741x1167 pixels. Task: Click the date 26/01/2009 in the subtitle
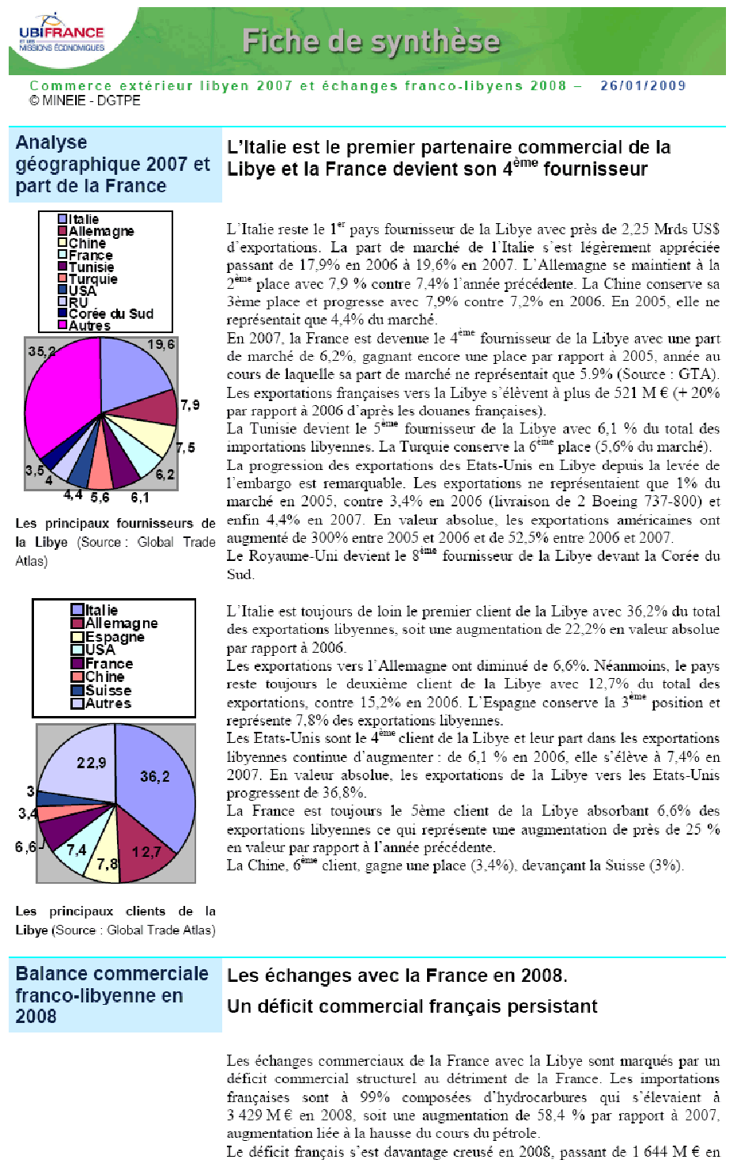pos(642,85)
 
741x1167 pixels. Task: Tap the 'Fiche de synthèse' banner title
pos(371,41)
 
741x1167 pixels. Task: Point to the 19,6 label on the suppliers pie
pos(161,345)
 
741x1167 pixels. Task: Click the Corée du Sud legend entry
pos(110,313)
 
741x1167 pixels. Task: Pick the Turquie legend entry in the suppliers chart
pos(92,278)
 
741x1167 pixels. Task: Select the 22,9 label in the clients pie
pos(91,763)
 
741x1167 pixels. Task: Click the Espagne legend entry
pos(114,637)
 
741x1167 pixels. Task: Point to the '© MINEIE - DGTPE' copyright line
pos(85,100)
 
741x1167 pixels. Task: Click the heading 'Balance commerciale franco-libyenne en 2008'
pos(112,995)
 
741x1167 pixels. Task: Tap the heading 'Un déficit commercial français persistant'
pos(412,1006)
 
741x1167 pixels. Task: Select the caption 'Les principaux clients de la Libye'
pos(115,921)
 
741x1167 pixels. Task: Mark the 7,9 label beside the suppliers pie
pos(190,405)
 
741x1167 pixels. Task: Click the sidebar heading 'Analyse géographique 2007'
pos(112,164)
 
